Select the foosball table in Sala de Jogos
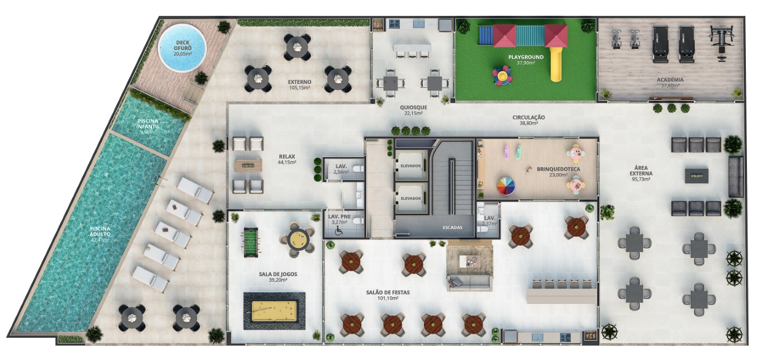[251, 242]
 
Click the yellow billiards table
[274, 312]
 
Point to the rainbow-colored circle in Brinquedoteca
[506, 187]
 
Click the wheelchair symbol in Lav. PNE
[338, 231]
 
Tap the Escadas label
[452, 227]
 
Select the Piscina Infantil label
[148, 124]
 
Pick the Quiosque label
[413, 107]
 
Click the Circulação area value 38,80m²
[529, 123]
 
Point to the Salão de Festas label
[388, 292]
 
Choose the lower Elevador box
[411, 198]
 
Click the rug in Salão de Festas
[469, 261]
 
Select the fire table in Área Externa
[696, 175]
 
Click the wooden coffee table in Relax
[249, 165]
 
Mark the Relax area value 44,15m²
[287, 162]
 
